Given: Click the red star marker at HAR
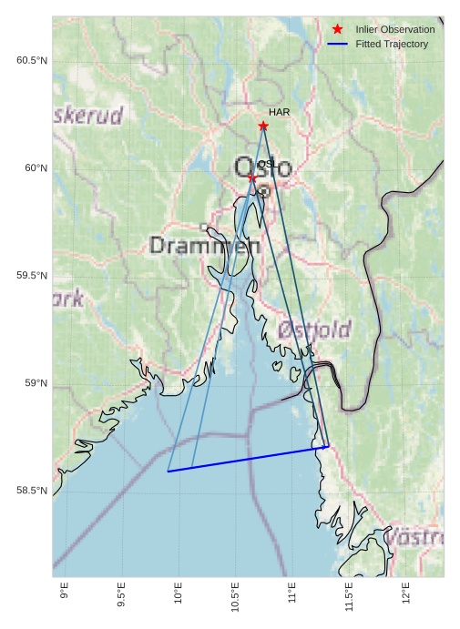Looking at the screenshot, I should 263,126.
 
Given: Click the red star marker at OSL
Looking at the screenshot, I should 252,178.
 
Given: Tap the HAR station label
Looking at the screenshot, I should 279,112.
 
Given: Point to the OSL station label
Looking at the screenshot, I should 267,164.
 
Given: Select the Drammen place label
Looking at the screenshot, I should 198,246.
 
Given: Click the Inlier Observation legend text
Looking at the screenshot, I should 394,30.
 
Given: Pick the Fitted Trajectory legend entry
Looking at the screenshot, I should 392,44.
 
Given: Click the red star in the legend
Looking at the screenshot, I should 337,30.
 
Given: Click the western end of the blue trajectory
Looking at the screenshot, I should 169,472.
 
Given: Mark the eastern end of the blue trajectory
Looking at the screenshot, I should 327,446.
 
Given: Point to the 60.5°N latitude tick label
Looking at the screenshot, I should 31,60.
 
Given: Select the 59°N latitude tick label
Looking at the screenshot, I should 36,383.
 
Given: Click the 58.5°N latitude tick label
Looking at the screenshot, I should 31,491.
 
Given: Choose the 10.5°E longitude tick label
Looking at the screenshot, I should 235,595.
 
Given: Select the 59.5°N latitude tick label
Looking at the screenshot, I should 31,276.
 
